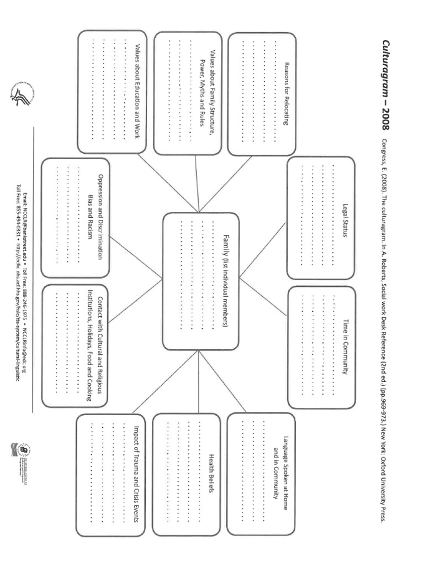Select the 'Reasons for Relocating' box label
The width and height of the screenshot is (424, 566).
tap(287, 93)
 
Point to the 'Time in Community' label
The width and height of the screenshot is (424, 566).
tap(346, 347)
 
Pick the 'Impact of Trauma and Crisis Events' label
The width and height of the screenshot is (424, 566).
tap(136, 473)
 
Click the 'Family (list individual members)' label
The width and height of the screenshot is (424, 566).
tap(226, 280)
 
